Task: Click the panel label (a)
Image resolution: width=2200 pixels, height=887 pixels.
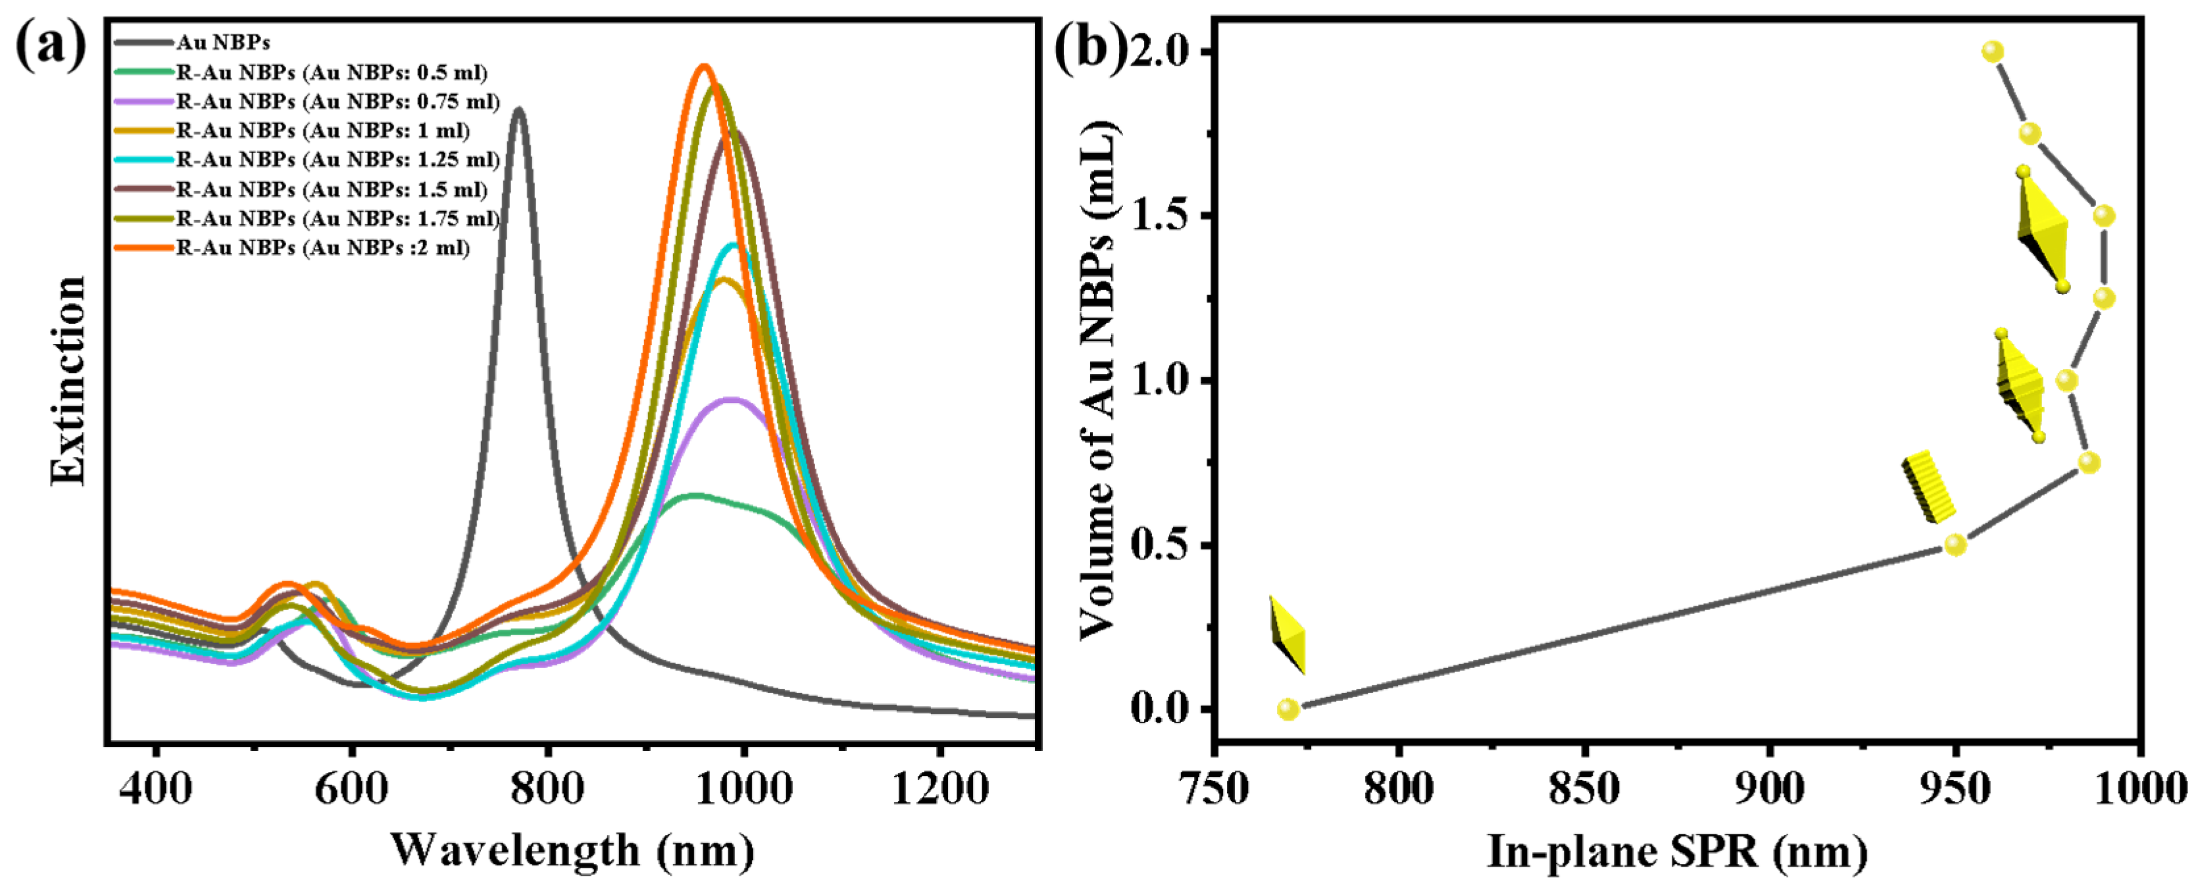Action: point(51,45)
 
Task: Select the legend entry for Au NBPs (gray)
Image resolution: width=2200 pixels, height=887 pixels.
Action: point(223,43)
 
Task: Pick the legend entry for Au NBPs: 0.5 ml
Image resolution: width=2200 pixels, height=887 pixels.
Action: point(332,72)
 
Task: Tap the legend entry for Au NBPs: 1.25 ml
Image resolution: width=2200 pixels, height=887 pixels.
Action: point(337,160)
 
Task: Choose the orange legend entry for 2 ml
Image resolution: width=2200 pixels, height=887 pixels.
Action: point(323,248)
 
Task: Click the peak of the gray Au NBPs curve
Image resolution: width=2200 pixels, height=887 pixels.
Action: point(518,109)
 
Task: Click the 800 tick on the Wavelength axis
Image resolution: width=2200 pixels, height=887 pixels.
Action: point(547,789)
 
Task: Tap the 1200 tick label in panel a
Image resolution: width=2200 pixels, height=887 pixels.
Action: point(939,789)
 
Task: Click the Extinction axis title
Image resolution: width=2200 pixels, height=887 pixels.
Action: point(68,381)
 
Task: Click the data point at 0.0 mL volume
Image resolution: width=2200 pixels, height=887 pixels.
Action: point(1288,709)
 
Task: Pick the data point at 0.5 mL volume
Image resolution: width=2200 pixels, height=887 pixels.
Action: point(1955,544)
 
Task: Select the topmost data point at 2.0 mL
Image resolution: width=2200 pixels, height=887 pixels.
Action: point(1993,52)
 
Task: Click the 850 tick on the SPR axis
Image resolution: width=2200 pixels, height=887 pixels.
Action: point(1584,789)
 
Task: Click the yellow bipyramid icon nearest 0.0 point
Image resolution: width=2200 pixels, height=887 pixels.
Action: point(1287,635)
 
